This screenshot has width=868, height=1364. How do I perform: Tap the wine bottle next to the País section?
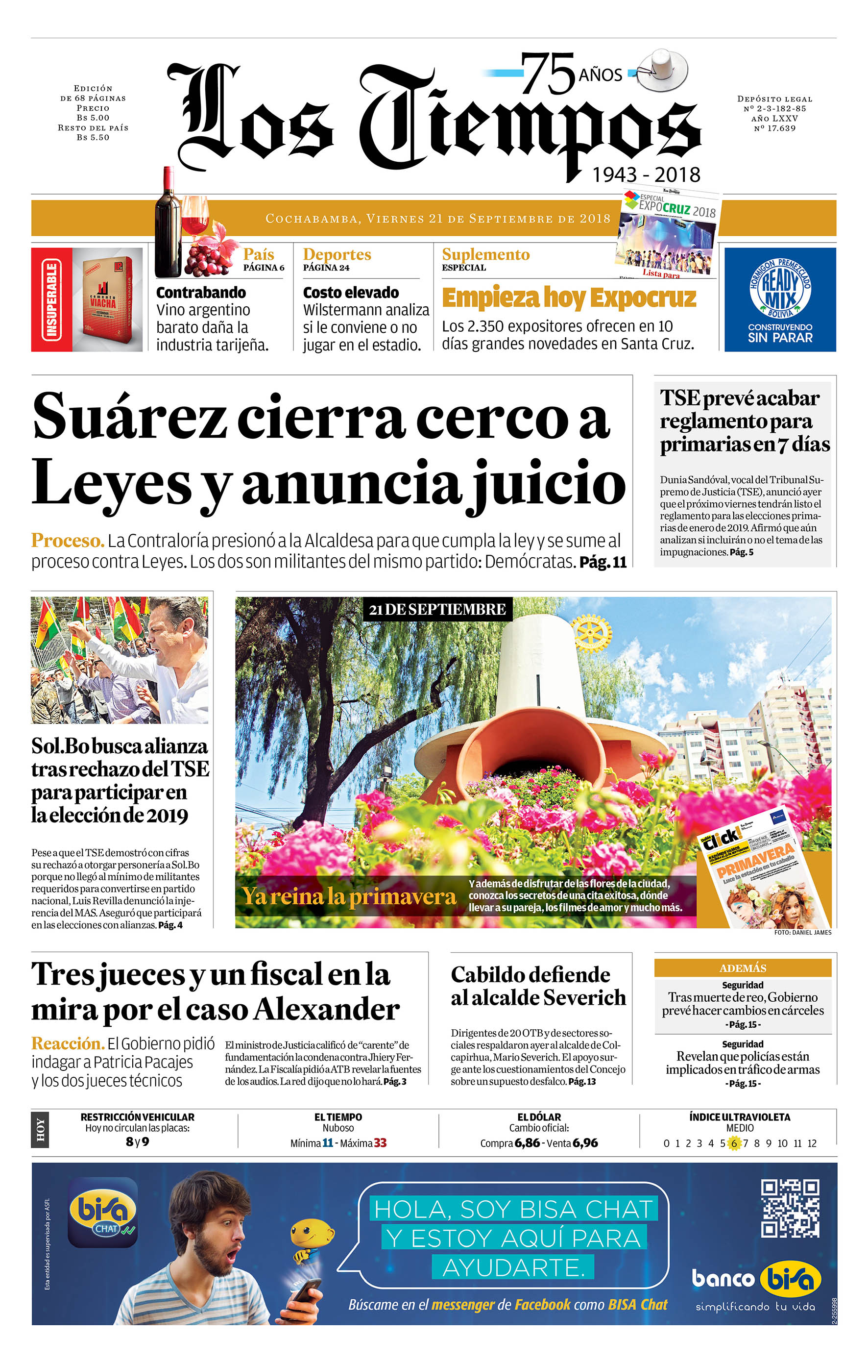coord(167,224)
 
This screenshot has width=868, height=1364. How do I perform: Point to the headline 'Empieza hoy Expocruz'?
coord(569,298)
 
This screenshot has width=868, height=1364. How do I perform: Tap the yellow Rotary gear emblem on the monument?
coord(591,632)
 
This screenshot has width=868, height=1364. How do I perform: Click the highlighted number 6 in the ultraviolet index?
coord(733,1143)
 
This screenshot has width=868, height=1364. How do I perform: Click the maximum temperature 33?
coord(380,1142)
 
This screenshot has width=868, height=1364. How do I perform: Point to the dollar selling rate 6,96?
coord(585,1142)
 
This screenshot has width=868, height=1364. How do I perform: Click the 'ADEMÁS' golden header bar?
coord(742,967)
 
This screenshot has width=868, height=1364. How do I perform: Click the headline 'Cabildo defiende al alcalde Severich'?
coord(538,986)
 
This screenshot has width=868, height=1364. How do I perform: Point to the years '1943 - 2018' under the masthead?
coord(646,174)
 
